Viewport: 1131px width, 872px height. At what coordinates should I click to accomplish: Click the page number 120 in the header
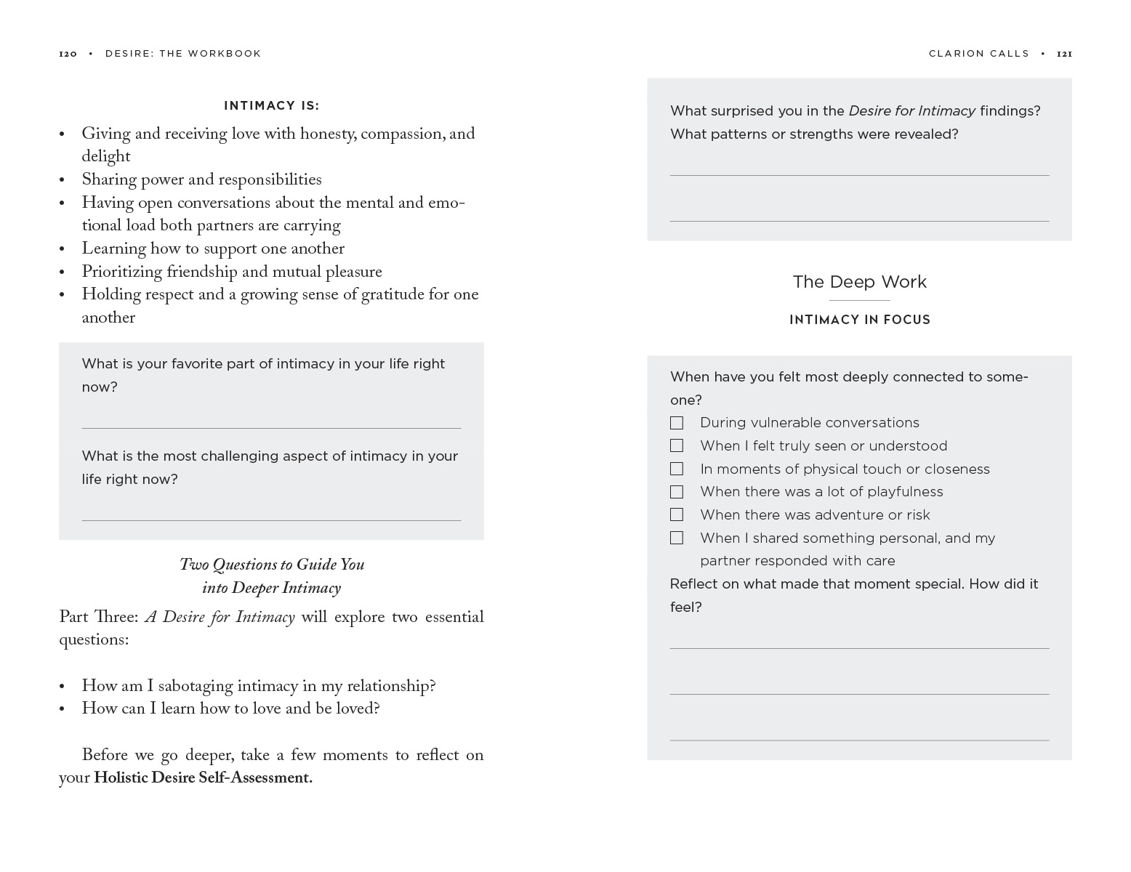[x=68, y=54]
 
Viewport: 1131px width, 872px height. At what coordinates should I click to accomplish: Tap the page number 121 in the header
[x=1064, y=54]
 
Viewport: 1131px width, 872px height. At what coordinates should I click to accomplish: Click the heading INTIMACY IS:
[x=271, y=106]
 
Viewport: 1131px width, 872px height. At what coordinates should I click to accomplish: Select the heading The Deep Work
[x=859, y=282]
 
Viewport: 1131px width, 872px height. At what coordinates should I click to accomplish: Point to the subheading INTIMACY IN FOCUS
[x=859, y=320]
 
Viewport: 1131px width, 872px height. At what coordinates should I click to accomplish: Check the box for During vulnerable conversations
[x=677, y=423]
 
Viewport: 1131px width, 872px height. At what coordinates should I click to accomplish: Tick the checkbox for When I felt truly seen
[x=677, y=446]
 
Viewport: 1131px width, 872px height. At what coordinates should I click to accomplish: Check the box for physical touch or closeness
[x=677, y=469]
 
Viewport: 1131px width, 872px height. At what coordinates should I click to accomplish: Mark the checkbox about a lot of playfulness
[x=677, y=492]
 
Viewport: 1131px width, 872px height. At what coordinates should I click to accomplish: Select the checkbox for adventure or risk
[x=677, y=515]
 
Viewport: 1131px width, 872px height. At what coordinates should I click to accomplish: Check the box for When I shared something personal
[x=677, y=538]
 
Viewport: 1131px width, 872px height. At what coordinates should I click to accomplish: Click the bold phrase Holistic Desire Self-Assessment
[x=203, y=778]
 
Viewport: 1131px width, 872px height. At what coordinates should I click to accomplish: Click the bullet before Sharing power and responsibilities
[x=63, y=181]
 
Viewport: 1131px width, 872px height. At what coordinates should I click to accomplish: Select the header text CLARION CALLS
[x=978, y=54]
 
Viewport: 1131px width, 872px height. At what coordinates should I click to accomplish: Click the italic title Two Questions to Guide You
[x=271, y=565]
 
